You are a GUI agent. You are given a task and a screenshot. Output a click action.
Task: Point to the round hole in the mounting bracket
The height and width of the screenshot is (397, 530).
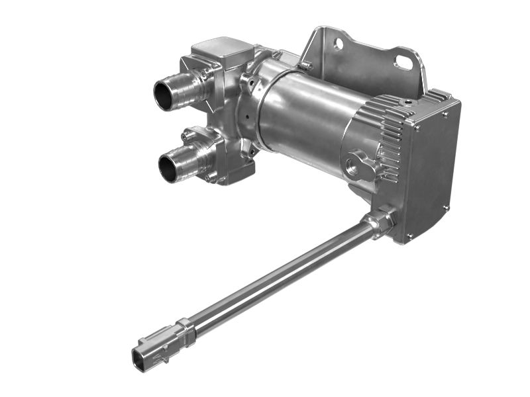point(339,44)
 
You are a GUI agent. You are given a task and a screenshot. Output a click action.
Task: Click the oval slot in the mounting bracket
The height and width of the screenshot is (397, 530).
point(403,62)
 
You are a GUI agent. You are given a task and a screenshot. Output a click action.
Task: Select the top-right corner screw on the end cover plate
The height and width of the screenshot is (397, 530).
point(445,114)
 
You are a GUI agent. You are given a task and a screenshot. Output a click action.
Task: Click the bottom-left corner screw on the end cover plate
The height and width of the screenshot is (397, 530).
point(409,235)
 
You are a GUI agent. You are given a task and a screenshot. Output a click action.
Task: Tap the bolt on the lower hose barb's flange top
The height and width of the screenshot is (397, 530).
point(188,136)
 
